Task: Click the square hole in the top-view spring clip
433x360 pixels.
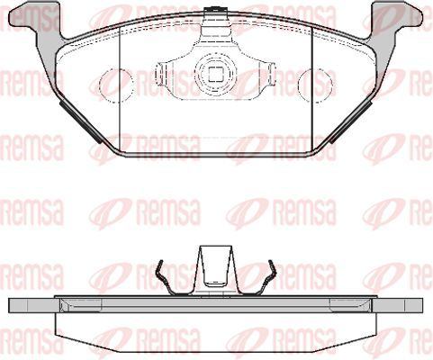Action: [x=215, y=74]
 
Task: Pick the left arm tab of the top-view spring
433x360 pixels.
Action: [x=162, y=74]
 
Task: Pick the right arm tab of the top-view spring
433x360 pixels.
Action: [x=269, y=74]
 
